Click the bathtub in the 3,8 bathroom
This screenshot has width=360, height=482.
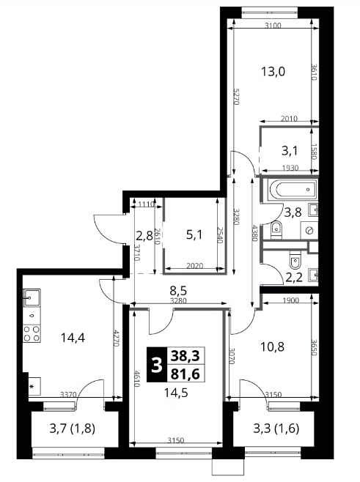292,190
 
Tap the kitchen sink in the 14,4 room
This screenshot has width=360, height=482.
32,297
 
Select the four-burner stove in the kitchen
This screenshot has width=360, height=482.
32,333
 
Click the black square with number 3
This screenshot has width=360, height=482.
157,365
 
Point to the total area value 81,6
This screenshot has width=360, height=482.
185,374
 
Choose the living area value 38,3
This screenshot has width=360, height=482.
185,356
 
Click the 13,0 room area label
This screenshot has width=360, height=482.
273,72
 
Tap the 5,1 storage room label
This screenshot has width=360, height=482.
194,235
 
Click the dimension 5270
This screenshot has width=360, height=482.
236,97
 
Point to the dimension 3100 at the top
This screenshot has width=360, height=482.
273,26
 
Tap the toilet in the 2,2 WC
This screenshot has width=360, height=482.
295,261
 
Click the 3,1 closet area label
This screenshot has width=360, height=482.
290,151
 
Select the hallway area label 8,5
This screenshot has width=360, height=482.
179,290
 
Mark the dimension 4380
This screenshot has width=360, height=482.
254,233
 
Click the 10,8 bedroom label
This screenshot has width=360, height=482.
272,346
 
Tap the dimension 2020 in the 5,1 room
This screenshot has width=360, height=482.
195,266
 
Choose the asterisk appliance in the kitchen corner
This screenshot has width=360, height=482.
32,386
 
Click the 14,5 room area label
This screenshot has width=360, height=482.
176,393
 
